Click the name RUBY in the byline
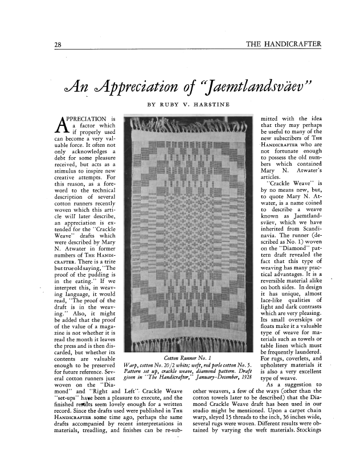(x=169, y=105)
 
